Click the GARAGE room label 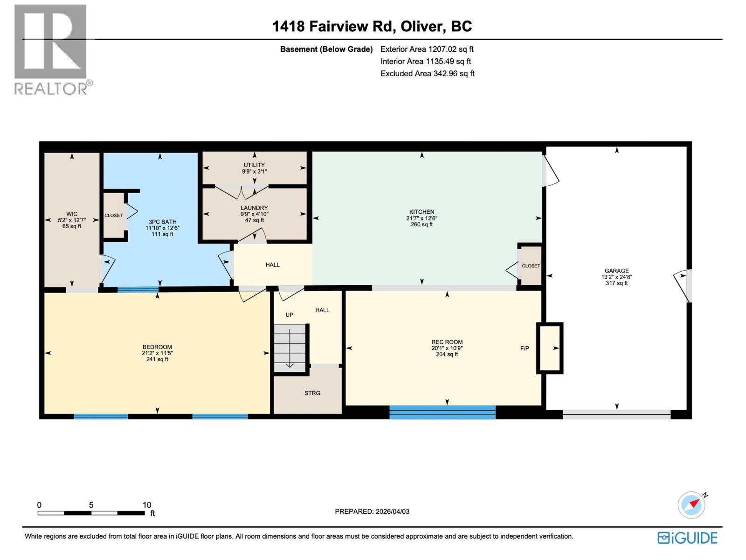[616, 271]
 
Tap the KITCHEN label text [421, 212]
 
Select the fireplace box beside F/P [550, 348]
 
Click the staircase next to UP [290, 348]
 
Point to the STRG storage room [312, 393]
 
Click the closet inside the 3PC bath [114, 216]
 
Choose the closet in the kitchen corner [531, 266]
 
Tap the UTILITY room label [254, 165]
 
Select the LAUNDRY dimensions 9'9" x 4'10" [254, 214]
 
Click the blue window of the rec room [442, 412]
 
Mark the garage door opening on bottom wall [616, 414]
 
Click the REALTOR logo [51, 49]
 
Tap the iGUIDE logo [687, 538]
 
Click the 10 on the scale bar [147, 505]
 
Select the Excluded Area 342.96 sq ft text [427, 73]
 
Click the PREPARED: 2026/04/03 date [372, 511]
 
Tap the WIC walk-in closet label [72, 214]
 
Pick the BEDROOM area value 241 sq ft [157, 359]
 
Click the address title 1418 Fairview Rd [333, 26]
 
